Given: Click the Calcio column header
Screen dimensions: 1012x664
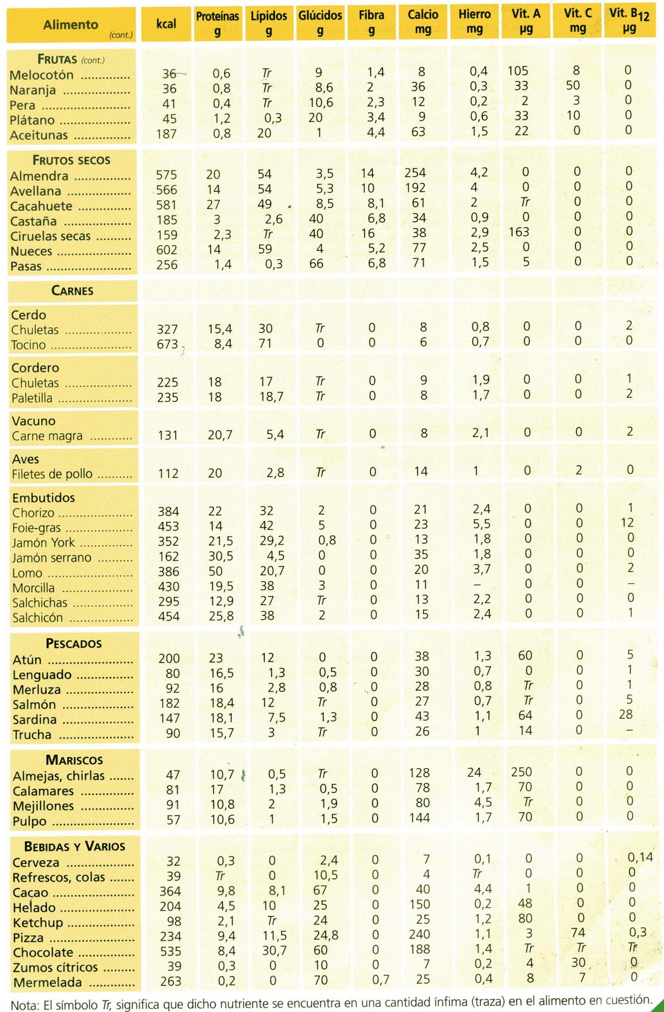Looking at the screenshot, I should pyautogui.click(x=423, y=22).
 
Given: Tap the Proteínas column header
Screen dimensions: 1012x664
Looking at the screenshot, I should pyautogui.click(x=218, y=23).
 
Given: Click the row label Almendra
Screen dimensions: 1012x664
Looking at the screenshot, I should pyautogui.click(x=39, y=176).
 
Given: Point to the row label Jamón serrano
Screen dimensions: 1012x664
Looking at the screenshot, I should pyautogui.click(x=52, y=558).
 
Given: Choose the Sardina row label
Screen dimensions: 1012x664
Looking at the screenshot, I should pyautogui.click(x=35, y=720).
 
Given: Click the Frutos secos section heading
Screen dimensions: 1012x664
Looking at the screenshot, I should pyautogui.click(x=71, y=160).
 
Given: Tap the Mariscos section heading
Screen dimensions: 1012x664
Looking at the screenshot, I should pyautogui.click(x=74, y=760).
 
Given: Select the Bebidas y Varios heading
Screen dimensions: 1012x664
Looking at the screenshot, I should pyautogui.click(x=75, y=846).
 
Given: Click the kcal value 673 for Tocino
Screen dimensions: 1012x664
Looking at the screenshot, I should pyautogui.click(x=168, y=344).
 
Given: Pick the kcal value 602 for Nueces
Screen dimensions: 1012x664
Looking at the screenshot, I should pyautogui.click(x=167, y=250).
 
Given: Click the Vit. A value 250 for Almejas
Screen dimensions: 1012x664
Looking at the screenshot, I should pyautogui.click(x=522, y=772).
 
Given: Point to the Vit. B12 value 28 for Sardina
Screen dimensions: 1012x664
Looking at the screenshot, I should pyautogui.click(x=625, y=714).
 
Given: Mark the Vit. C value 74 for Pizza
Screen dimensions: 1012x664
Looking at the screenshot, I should pyautogui.click(x=577, y=932).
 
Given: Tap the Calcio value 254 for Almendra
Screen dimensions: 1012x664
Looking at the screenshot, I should pyautogui.click(x=415, y=173).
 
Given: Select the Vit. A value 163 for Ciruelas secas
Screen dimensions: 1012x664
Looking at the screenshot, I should pyautogui.click(x=519, y=231).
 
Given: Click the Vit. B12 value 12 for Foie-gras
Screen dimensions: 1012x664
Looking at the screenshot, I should pyautogui.click(x=627, y=522).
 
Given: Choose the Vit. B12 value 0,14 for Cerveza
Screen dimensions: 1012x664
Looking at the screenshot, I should pyautogui.click(x=640, y=857).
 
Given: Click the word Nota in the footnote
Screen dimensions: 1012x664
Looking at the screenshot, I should pyautogui.click(x=25, y=1005).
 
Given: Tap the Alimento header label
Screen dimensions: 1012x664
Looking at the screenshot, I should pyautogui.click(x=71, y=25).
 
